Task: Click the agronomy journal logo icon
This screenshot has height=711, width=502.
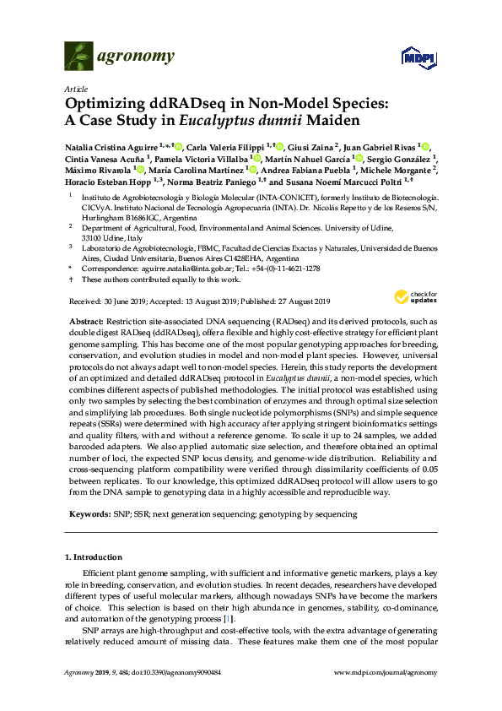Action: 78,57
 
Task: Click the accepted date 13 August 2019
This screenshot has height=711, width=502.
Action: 198,301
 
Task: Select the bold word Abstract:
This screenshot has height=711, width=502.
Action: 84,322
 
